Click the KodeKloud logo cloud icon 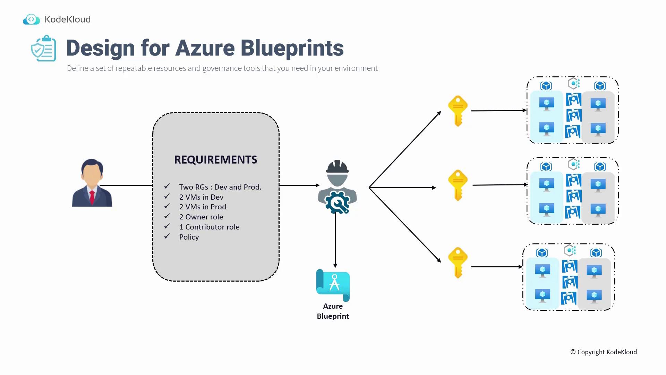(31, 19)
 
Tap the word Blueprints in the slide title (292, 48)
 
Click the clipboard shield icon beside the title (44, 49)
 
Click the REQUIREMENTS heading (215, 160)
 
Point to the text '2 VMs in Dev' (201, 197)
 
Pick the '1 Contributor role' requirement (209, 227)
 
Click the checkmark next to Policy (167, 236)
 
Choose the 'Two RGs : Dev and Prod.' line (220, 187)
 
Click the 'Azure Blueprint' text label (333, 311)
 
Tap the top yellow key (458, 111)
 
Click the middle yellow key (458, 185)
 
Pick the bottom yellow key (458, 262)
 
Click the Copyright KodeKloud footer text (604, 352)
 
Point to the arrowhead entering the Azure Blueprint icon (335, 266)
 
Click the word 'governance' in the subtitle (222, 68)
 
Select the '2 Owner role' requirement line (201, 217)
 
